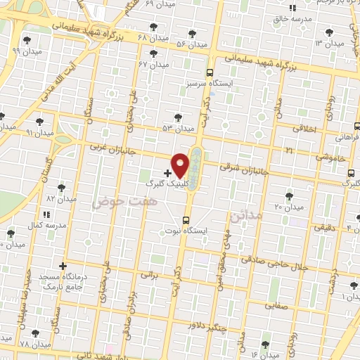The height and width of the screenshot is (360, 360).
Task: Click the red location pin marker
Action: coord(181,165)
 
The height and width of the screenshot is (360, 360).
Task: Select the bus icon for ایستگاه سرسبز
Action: coord(210,72)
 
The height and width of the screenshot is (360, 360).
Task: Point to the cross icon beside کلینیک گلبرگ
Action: coord(167,172)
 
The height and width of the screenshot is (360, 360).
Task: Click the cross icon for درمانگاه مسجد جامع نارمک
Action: coord(63,266)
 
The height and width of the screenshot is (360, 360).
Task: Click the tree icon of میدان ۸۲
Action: coord(61,188)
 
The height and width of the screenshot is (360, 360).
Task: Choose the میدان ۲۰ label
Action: coord(288,207)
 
